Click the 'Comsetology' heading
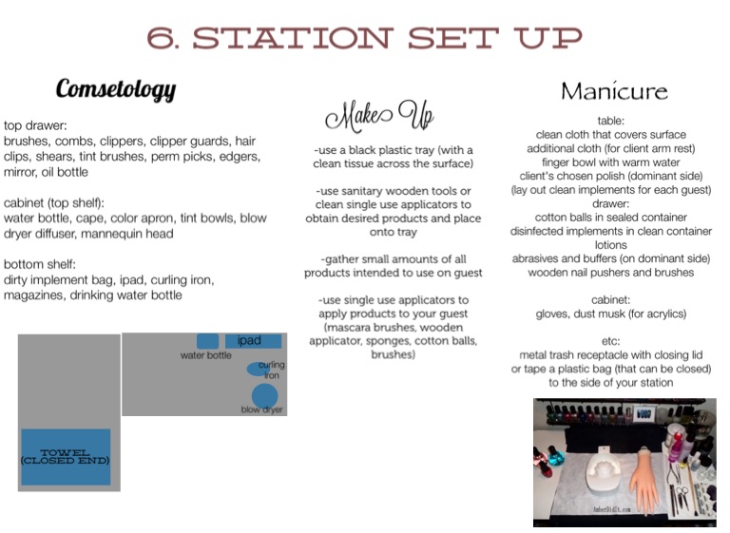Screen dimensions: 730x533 [116, 89]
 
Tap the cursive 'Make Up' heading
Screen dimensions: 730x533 [379, 115]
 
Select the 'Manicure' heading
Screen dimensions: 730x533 [614, 91]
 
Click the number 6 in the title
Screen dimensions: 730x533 [161, 38]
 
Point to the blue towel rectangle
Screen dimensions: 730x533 [66, 457]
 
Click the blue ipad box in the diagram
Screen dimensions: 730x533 [253, 341]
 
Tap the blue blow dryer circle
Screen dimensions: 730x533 [264, 396]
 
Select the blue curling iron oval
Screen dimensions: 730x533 [258, 370]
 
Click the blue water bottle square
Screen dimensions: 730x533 [207, 341]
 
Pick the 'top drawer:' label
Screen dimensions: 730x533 [35, 125]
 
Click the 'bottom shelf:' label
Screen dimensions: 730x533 [40, 264]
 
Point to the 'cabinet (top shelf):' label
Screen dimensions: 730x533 [54, 203]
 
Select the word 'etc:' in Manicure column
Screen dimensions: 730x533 [610, 341]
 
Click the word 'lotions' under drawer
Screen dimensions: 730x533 [610, 245]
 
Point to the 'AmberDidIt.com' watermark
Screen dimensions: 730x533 [611, 510]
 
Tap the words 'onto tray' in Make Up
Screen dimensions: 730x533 [393, 232]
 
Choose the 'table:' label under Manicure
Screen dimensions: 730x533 [610, 121]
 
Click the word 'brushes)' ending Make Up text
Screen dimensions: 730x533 [393, 354]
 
